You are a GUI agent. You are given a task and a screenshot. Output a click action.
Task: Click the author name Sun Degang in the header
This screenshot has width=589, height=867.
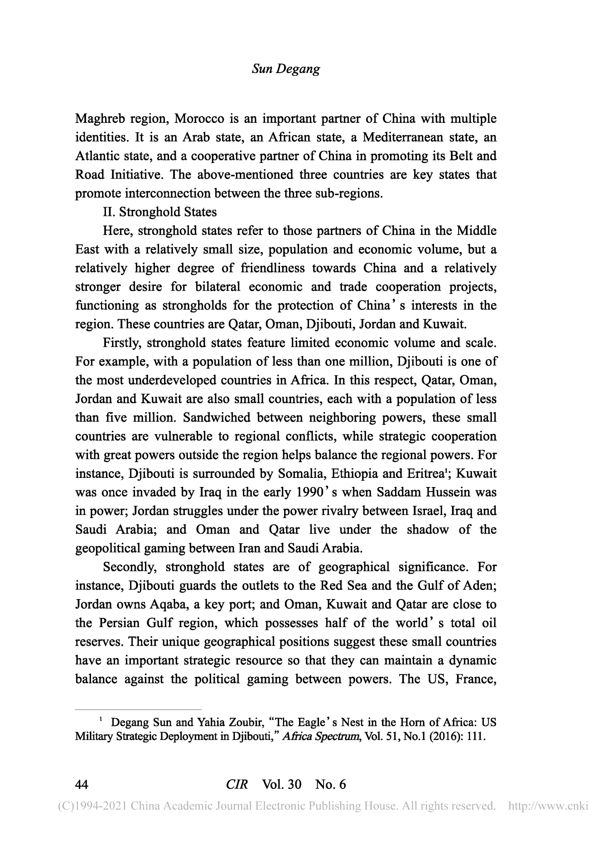coord(286,69)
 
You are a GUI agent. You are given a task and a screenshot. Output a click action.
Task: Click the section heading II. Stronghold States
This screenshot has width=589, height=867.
coord(160,213)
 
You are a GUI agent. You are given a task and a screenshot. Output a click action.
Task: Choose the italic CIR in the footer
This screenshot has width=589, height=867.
coord(237,784)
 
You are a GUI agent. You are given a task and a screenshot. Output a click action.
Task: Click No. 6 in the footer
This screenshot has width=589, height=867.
coord(331,784)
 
